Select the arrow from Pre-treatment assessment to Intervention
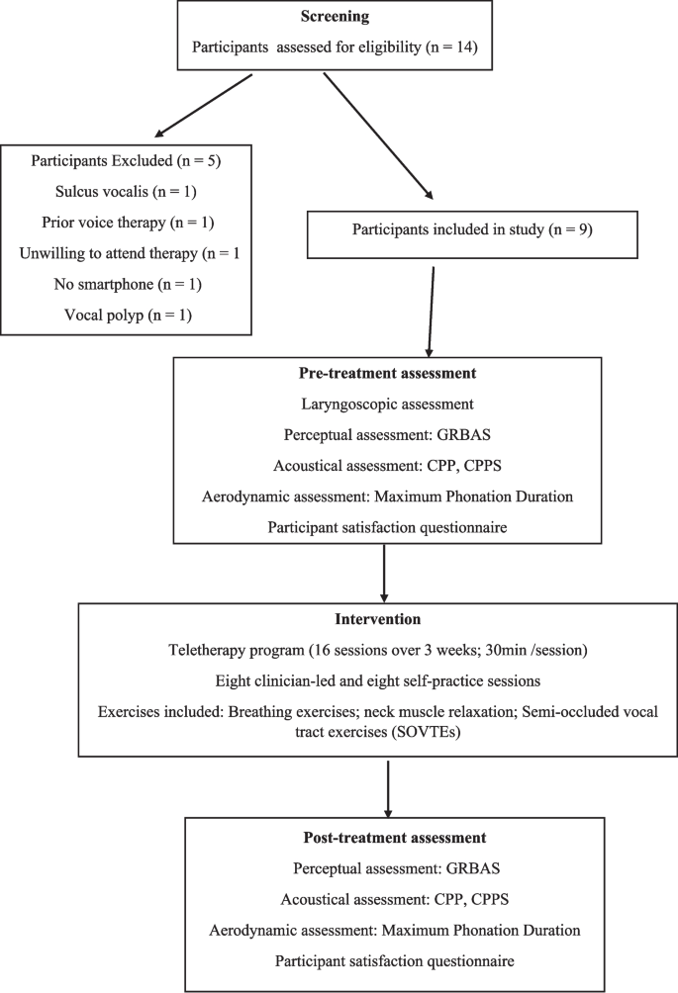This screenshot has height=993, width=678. point(383,571)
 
